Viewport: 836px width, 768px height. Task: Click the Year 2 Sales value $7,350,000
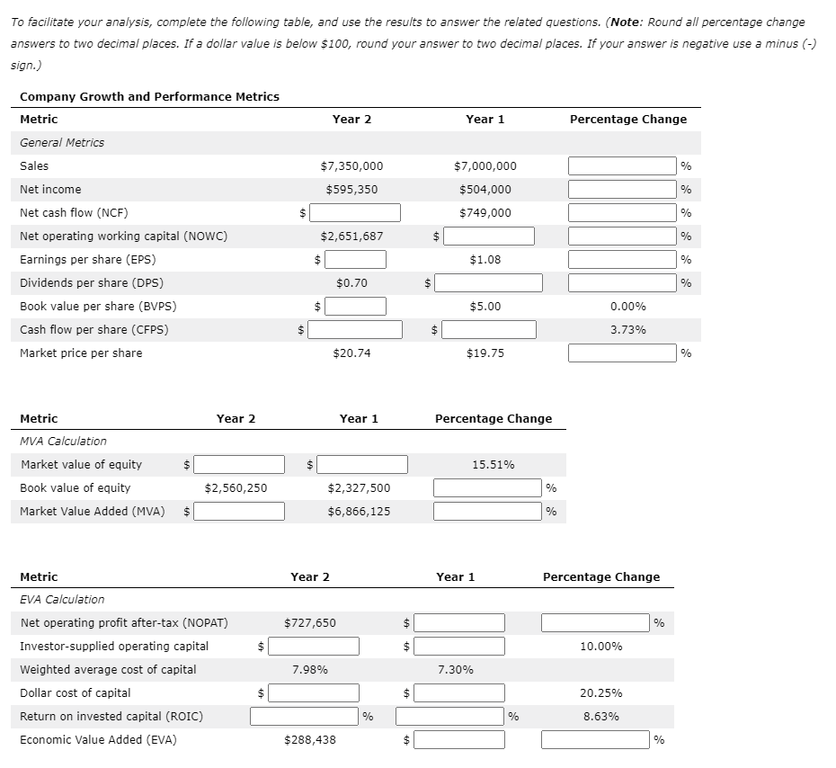351,166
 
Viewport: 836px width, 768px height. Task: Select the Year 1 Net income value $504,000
485,190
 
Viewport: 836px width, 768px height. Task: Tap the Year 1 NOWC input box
489,237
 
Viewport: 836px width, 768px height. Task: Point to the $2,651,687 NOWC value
351,237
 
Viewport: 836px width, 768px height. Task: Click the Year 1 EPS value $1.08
485,260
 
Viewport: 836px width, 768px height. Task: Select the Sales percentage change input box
622,166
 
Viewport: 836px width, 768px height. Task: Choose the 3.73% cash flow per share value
627,330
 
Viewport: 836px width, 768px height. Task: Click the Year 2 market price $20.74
351,353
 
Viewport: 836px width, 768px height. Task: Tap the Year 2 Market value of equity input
239,465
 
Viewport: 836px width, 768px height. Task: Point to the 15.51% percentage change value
494,465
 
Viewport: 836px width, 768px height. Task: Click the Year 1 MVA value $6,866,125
359,512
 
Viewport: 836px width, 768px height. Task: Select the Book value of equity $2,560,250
236,488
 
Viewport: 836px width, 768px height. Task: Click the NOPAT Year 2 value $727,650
310,623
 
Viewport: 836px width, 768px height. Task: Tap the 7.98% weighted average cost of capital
310,670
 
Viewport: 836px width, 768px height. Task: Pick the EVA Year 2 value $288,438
310,740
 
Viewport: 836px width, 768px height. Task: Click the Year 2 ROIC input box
305,717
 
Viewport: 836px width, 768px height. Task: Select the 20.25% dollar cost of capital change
600,693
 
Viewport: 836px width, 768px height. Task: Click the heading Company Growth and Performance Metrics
149,97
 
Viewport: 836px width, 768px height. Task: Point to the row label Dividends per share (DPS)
79,283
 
